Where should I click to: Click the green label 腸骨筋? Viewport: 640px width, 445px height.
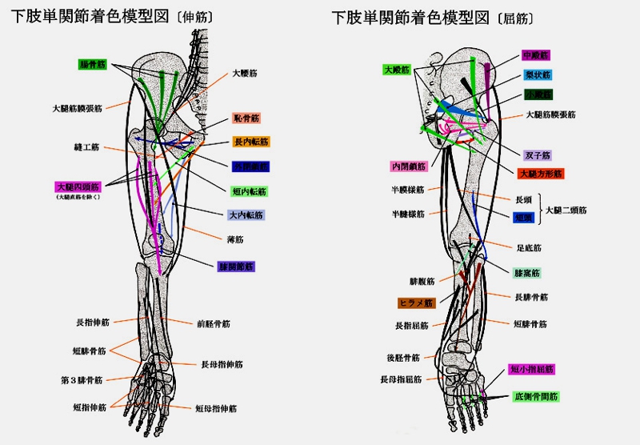[93, 64]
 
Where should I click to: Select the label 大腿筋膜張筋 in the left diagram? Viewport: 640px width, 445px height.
[77, 107]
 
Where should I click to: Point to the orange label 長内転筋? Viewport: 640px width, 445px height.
[251, 142]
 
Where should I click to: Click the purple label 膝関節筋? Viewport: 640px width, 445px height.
[235, 266]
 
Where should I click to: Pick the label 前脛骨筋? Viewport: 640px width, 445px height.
[214, 324]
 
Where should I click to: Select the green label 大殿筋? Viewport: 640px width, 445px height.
[397, 70]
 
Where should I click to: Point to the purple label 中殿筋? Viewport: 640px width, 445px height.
[535, 55]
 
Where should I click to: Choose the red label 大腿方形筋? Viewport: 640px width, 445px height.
[540, 173]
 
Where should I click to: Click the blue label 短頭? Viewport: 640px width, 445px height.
[524, 217]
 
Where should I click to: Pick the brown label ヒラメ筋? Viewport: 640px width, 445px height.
[415, 303]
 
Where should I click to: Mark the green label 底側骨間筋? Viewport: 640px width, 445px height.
[536, 395]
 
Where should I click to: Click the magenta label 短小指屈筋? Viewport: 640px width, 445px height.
[532, 369]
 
